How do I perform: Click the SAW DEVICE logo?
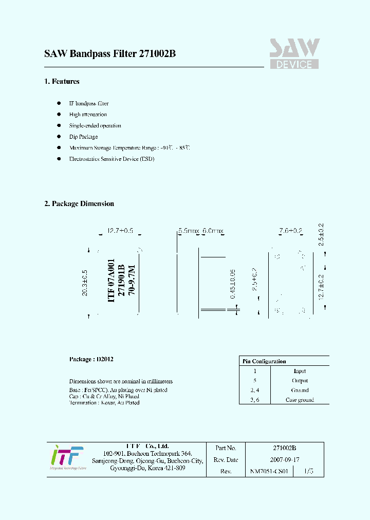294,54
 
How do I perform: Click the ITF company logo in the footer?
66,457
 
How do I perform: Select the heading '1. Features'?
62,81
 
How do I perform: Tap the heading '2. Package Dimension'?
79,203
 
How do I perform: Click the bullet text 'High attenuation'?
88,115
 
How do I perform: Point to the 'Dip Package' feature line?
83,137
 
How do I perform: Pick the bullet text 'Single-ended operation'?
95,125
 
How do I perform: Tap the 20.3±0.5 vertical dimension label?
85,283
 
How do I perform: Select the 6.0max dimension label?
213,231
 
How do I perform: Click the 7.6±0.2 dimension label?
291,231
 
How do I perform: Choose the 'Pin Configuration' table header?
264,361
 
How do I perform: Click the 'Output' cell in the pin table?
300,381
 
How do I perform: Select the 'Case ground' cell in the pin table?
300,400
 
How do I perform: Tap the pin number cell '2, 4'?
254,390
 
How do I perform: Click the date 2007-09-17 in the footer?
284,460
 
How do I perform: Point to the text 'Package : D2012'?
91,359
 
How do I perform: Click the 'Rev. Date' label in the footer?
226,460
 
